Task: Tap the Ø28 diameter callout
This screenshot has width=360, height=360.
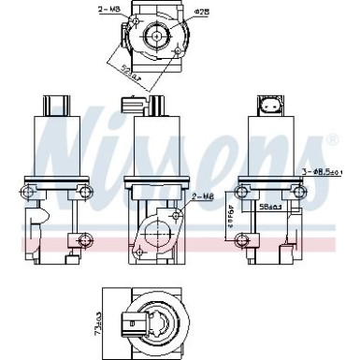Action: [x=202, y=11]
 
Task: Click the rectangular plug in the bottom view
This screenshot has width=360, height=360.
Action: [x=137, y=328]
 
